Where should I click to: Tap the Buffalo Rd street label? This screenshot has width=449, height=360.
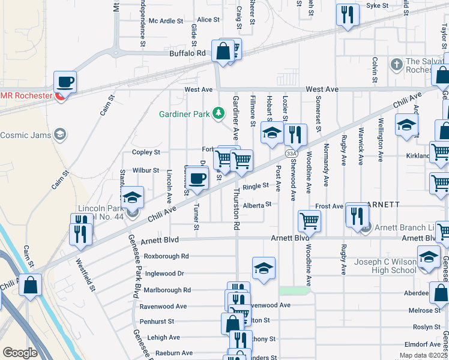click(187, 53)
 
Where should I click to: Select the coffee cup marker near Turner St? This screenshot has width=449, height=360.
click(197, 178)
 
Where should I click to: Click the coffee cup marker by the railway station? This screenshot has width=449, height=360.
click(65, 82)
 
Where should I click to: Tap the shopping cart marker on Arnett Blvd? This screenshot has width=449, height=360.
click(310, 221)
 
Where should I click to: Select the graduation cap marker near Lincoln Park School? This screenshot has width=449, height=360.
click(132, 197)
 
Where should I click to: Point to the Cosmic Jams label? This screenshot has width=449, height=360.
click(26, 134)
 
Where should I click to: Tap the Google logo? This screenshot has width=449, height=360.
click(20, 353)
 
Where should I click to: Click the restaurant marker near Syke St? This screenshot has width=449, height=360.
click(347, 14)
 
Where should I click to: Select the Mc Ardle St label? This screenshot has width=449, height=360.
click(166, 21)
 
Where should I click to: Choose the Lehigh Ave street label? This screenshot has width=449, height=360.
click(163, 338)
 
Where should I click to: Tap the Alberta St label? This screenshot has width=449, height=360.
click(258, 204)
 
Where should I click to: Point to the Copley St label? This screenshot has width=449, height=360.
click(146, 152)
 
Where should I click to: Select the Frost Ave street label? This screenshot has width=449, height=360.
click(330, 206)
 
